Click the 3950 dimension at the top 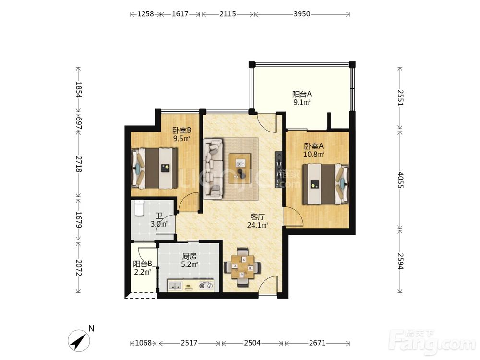pyautogui.click(x=302, y=14)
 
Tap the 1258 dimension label pyautogui.click(x=145, y=14)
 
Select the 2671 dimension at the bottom pyautogui.click(x=317, y=343)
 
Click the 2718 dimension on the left pyautogui.click(x=78, y=164)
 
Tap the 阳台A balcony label pyautogui.click(x=302, y=94)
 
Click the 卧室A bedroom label pyautogui.click(x=313, y=146)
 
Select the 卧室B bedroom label pyautogui.click(x=182, y=131)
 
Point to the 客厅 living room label pyautogui.click(x=257, y=217)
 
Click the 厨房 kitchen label pyautogui.click(x=189, y=256)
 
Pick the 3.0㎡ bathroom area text pyautogui.click(x=159, y=224)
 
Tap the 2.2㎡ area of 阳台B pyautogui.click(x=143, y=272)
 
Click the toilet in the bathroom pyautogui.click(x=139, y=208)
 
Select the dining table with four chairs pyautogui.click(x=242, y=267)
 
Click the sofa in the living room pyautogui.click(x=214, y=168)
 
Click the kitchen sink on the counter pyautogui.click(x=175, y=286)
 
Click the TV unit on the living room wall pyautogui.click(x=278, y=169)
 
